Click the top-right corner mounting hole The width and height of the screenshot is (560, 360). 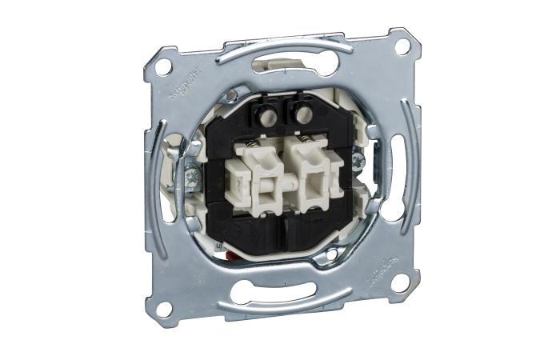402,46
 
